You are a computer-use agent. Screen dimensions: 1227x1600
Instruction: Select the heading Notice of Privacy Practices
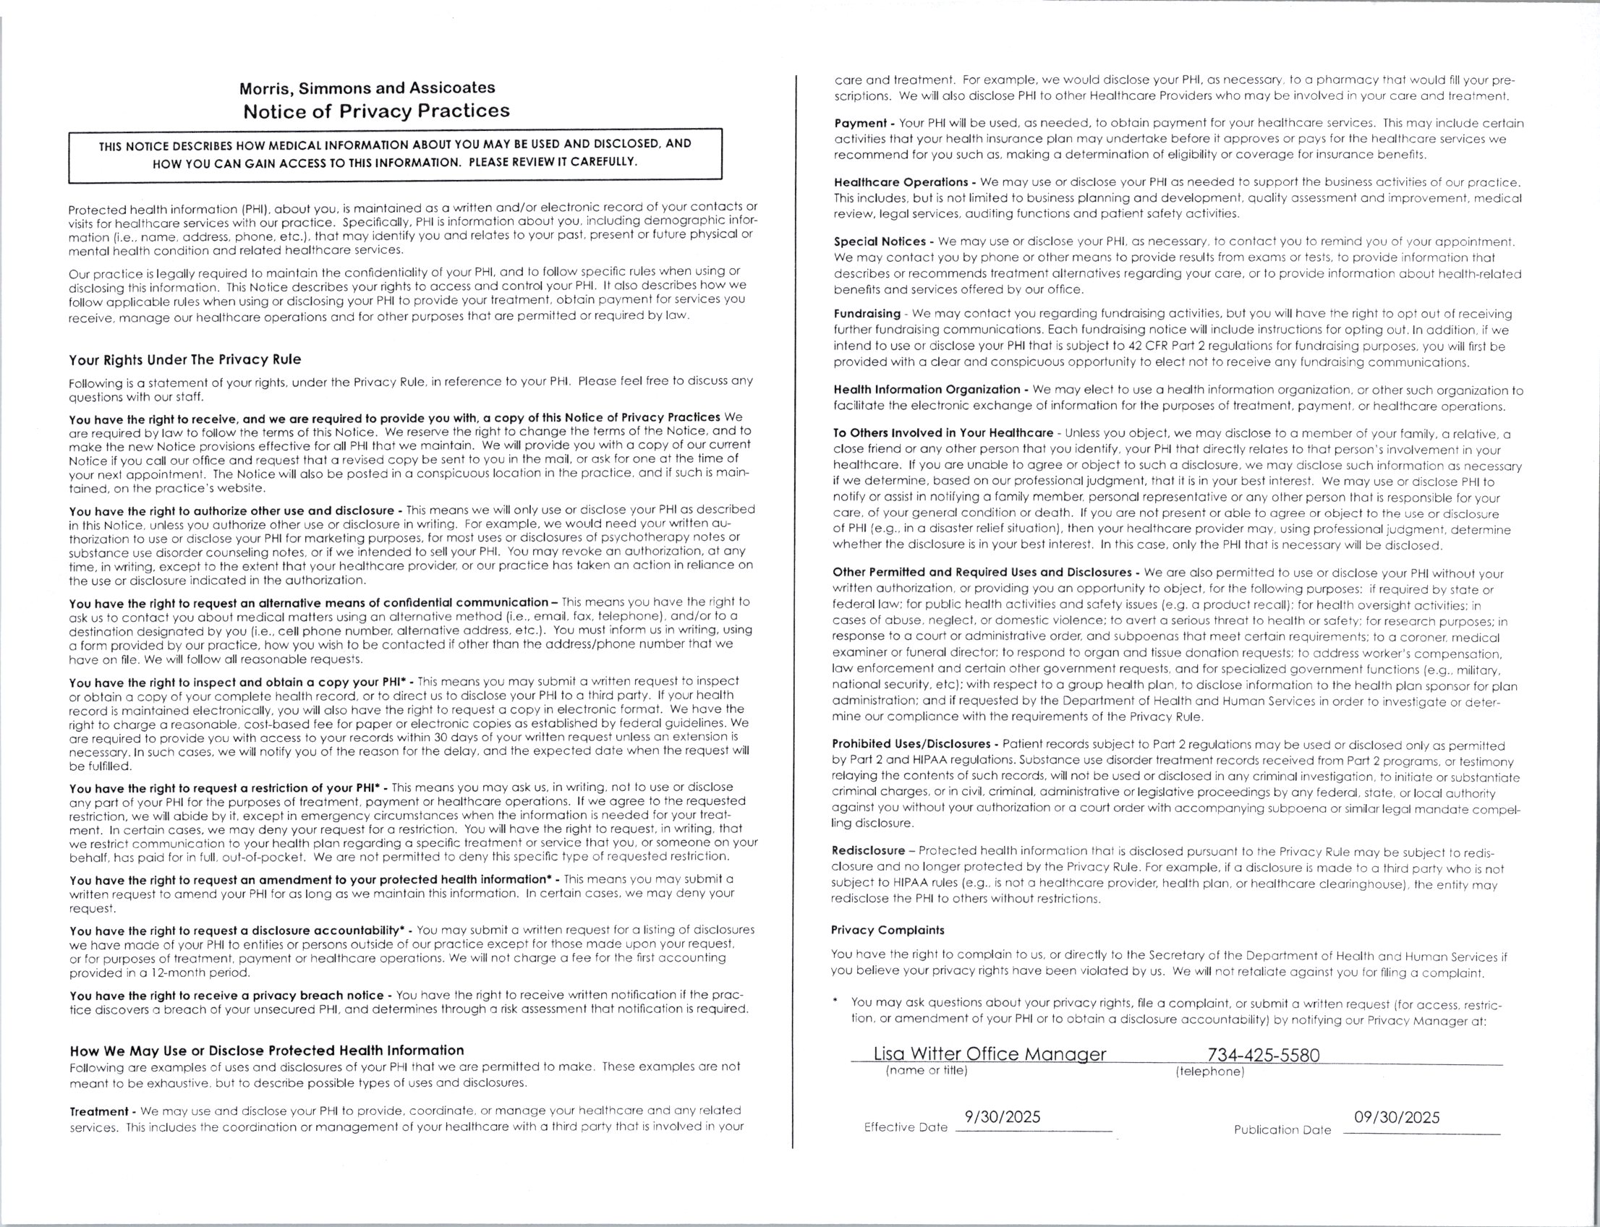pos(376,112)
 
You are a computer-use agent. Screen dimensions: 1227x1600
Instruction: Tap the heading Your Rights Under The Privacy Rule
pos(185,360)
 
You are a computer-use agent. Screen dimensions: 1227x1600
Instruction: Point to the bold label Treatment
pos(98,1111)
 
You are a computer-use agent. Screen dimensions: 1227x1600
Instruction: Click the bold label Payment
pos(860,124)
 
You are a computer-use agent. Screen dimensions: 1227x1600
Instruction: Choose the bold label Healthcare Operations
pos(900,182)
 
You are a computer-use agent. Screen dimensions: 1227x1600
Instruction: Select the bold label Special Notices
pos(880,241)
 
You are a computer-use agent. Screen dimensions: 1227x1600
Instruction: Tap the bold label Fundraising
pos(867,314)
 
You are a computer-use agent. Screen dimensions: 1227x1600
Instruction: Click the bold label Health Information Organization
pos(927,389)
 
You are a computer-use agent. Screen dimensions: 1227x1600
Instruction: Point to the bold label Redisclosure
pos(868,851)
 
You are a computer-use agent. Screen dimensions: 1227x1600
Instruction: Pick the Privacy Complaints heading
pos(887,931)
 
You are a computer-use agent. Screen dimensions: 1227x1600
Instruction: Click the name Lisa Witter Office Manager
pos(990,1054)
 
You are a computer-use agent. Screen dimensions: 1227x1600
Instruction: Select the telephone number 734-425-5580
pos(1263,1055)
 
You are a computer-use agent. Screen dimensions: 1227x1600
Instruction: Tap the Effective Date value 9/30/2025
pos(1003,1117)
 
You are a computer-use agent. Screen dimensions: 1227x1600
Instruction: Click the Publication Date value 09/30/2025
pos(1396,1117)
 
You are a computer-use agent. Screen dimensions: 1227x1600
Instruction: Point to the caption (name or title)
pos(926,1071)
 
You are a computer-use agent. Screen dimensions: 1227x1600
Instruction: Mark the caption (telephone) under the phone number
pos(1209,1072)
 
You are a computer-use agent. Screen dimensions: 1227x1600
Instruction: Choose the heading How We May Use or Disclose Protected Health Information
pos(267,1051)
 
